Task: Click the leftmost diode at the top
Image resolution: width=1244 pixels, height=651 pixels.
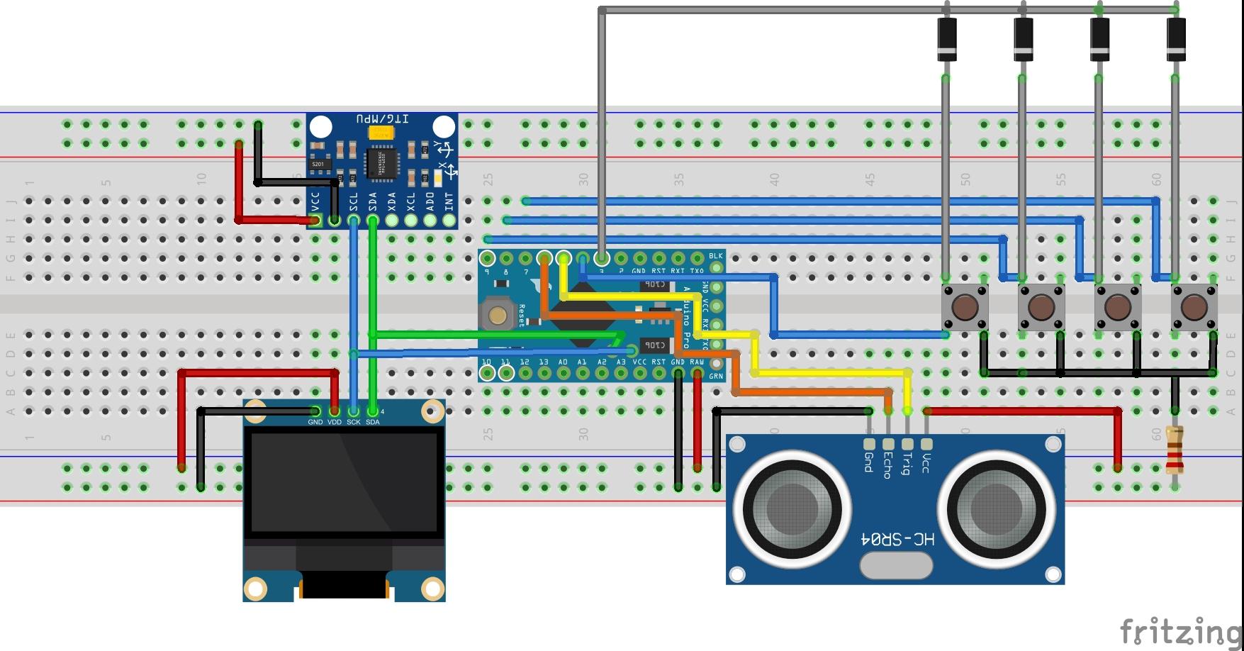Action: (946, 39)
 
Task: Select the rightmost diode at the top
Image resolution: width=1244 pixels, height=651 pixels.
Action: (1176, 39)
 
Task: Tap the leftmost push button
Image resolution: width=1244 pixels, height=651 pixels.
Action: (965, 307)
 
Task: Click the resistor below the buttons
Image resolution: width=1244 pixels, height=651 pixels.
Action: (1175, 450)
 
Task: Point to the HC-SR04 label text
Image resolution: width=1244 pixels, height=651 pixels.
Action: (897, 540)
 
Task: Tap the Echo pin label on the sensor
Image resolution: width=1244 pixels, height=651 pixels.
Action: (887, 464)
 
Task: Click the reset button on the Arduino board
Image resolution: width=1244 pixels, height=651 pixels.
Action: (498, 315)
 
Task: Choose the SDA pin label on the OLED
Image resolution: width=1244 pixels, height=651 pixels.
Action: (373, 422)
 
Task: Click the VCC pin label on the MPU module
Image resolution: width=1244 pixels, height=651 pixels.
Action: (315, 200)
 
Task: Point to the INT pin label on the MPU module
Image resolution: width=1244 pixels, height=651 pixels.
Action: (449, 201)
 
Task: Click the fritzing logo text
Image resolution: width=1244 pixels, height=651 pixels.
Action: (1179, 630)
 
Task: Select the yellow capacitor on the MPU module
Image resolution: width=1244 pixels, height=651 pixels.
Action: (381, 133)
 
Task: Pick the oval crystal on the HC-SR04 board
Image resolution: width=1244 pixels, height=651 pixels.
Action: (896, 565)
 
